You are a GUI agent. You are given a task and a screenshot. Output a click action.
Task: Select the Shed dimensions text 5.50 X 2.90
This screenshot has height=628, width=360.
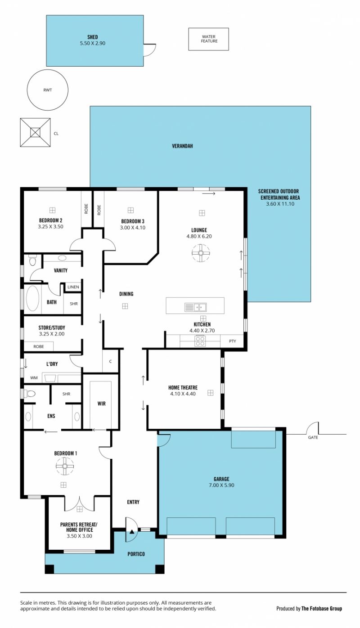point(93,43)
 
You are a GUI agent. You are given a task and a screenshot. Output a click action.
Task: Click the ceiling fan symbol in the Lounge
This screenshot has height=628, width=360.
point(201,253)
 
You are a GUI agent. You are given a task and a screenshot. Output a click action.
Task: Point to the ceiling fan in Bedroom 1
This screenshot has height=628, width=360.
point(65,466)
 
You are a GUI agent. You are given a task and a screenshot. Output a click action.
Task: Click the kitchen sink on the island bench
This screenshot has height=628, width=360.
point(195,307)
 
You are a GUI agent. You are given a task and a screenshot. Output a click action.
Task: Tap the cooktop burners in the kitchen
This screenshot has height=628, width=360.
point(200,341)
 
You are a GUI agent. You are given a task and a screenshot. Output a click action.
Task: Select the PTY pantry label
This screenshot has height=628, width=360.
point(233,341)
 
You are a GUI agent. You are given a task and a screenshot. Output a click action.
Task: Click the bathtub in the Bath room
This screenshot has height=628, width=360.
point(32,298)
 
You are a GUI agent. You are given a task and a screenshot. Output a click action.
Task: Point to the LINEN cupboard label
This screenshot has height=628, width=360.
point(73,287)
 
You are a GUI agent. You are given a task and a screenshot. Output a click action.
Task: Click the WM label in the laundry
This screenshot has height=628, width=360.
point(34,377)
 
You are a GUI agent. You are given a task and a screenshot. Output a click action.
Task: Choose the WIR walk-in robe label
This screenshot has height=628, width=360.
point(102,404)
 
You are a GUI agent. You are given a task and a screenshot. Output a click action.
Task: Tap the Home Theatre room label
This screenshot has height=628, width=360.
point(183,387)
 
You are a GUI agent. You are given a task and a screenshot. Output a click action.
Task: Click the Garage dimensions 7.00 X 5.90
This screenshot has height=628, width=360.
point(221,485)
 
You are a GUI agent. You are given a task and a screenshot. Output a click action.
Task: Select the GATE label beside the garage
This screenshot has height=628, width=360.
point(313,437)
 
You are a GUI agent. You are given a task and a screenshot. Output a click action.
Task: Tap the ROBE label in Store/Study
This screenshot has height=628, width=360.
point(39,346)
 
